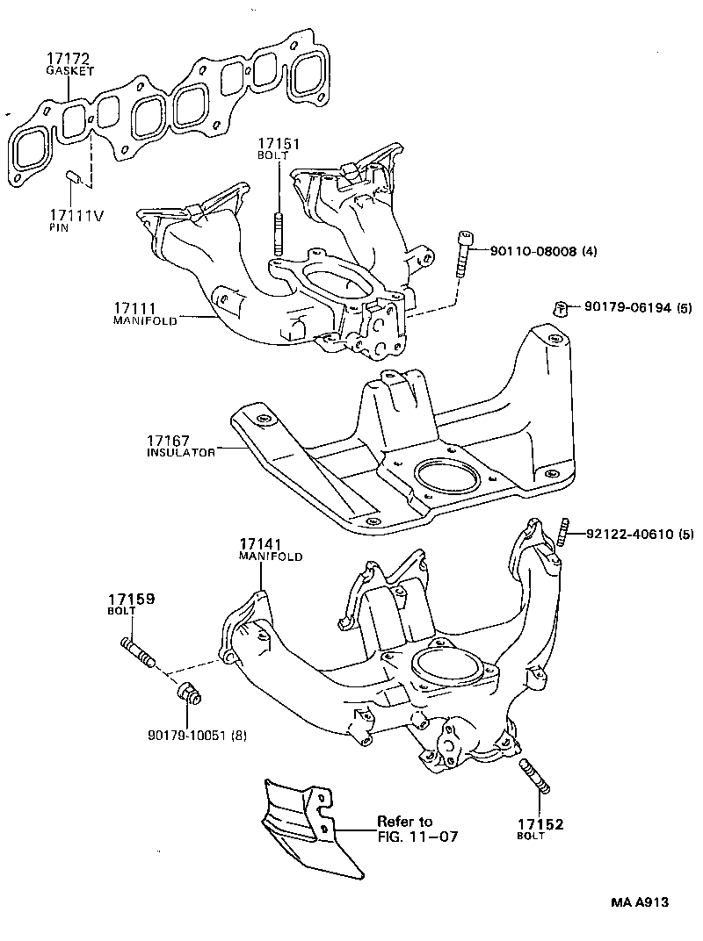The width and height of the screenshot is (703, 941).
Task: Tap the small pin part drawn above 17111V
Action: point(75,177)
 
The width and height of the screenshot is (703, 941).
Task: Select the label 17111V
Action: point(76,215)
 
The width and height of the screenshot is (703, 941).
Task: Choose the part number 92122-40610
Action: point(624,533)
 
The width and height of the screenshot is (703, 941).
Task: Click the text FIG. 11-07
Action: point(418,837)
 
